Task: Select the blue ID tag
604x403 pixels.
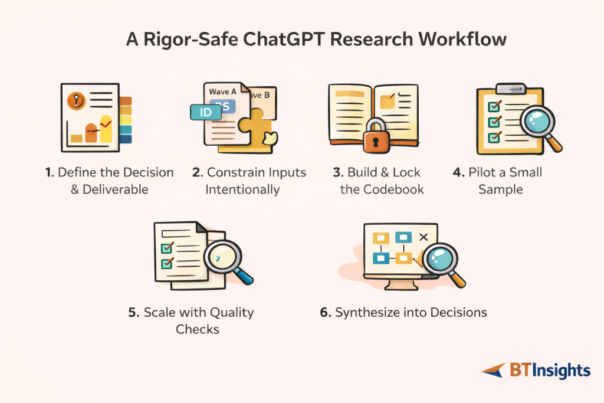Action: tap(204, 113)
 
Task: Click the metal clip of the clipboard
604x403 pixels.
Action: tap(509, 89)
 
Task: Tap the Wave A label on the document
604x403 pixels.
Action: tap(223, 92)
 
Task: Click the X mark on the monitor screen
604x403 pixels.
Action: tap(422, 237)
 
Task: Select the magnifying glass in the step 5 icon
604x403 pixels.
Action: tap(222, 258)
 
